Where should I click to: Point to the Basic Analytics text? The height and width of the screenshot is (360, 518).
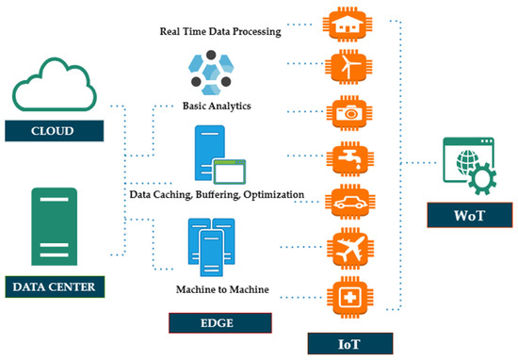pos(218,105)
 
